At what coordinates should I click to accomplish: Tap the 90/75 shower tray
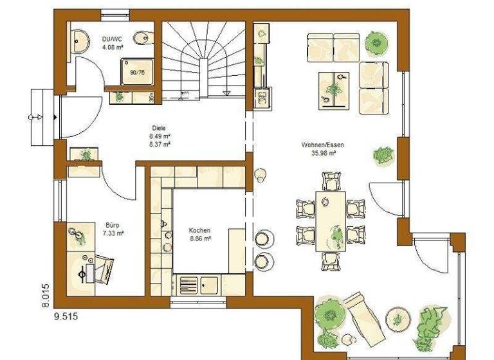coord(137,73)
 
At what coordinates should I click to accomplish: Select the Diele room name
coord(160,128)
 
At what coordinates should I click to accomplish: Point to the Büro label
coord(113,225)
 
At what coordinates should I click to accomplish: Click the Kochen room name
coord(199,230)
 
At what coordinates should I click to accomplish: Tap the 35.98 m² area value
coord(320,153)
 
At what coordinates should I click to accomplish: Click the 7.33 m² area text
coord(113,233)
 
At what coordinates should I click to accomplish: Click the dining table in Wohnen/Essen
coord(331,221)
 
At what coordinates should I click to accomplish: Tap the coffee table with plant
coord(334,88)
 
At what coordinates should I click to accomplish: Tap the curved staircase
coord(203,61)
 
